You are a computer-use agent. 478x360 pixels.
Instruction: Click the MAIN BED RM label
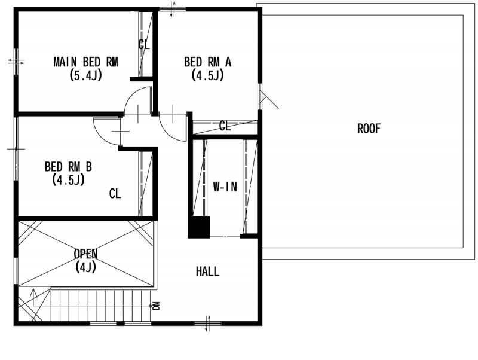85,62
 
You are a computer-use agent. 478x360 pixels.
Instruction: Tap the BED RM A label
207,62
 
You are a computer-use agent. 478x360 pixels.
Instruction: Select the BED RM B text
68,167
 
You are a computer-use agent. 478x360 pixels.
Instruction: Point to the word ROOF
369,129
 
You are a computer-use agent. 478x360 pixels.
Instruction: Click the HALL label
207,271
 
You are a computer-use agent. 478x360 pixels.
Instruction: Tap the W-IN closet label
225,187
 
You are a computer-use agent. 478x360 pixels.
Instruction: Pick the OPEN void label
85,254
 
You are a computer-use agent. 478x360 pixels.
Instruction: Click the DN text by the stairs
157,306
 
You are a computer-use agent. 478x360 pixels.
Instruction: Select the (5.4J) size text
85,75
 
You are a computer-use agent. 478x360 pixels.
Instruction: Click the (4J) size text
85,267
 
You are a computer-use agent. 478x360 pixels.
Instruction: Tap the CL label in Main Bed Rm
144,44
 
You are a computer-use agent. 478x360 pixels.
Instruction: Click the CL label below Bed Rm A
225,126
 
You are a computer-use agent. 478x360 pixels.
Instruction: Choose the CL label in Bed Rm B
115,193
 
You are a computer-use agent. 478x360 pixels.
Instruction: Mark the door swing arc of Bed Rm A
167,133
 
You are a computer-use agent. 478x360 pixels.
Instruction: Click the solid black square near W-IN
199,227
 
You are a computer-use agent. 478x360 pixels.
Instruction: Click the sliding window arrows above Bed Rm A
173,9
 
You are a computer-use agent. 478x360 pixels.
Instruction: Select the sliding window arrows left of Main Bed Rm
16,62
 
